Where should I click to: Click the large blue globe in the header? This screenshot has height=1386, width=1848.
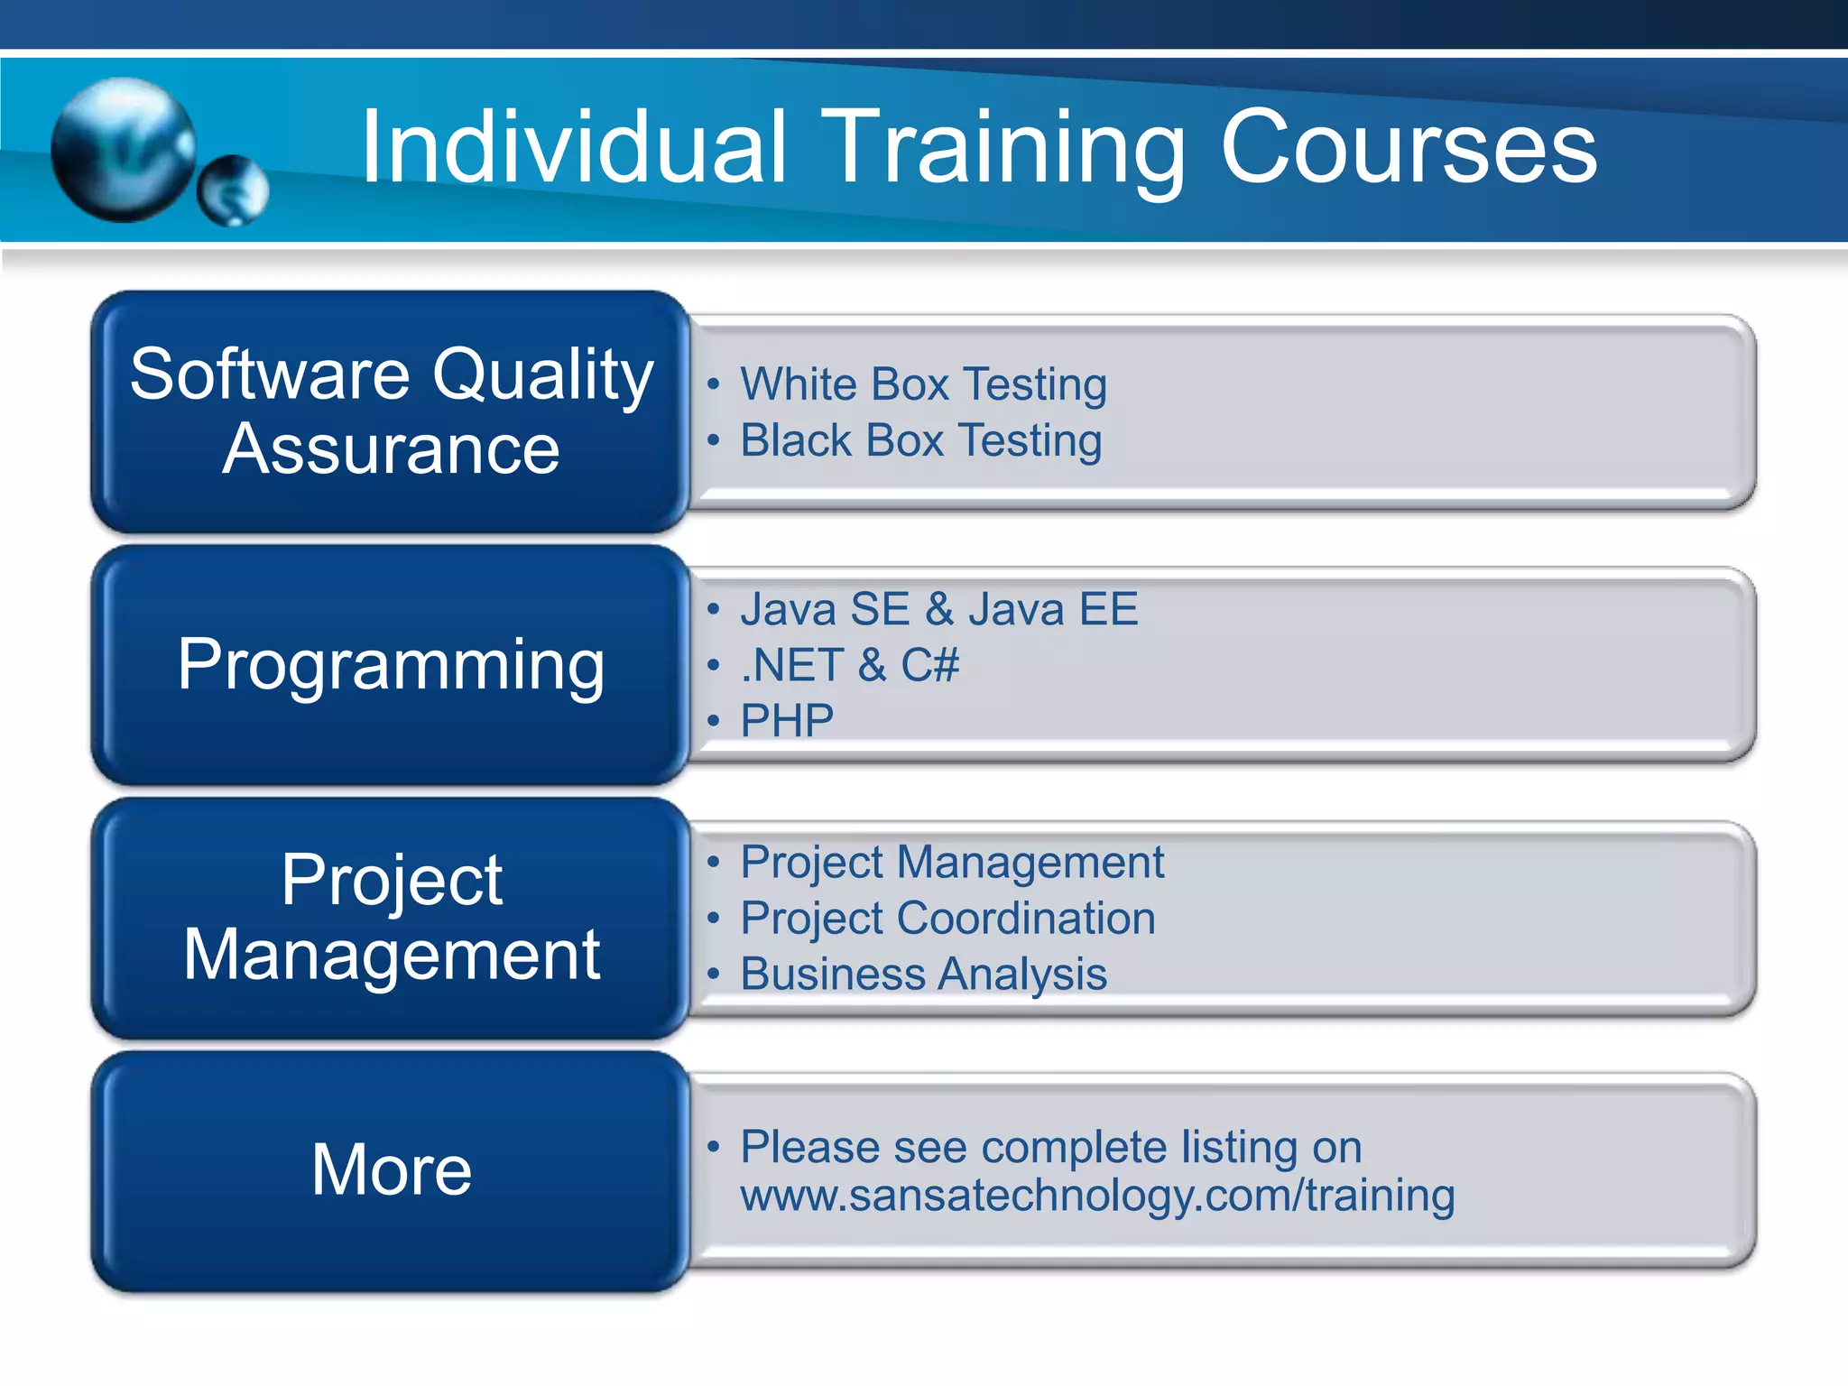[x=124, y=150]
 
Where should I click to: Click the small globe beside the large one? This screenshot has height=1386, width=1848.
[x=233, y=190]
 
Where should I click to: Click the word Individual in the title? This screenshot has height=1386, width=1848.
[x=574, y=147]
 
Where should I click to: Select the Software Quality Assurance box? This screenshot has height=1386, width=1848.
[x=391, y=411]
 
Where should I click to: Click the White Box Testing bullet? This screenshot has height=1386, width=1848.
[x=923, y=384]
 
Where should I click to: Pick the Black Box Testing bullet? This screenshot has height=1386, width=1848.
[x=920, y=441]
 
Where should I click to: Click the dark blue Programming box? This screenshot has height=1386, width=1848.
[x=391, y=665]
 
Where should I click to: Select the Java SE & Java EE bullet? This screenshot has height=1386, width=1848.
[x=938, y=609]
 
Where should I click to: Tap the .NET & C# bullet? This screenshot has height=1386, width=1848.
[x=849, y=666]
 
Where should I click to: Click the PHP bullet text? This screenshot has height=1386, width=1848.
[x=787, y=721]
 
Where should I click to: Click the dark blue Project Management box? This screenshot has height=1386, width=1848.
[x=391, y=918]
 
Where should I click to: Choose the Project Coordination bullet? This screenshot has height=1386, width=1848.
[x=947, y=919]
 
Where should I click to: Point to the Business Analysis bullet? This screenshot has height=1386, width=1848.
[x=923, y=975]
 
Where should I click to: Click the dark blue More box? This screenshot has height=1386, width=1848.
[x=391, y=1170]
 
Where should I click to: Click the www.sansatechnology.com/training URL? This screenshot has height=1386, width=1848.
[x=1097, y=1196]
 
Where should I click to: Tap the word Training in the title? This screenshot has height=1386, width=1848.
[x=1003, y=147]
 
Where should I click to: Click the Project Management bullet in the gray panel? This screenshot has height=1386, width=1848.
[x=952, y=863]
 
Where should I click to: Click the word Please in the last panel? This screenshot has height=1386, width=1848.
[x=809, y=1148]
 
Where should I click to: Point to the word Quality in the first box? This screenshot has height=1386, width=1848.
[x=543, y=374]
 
